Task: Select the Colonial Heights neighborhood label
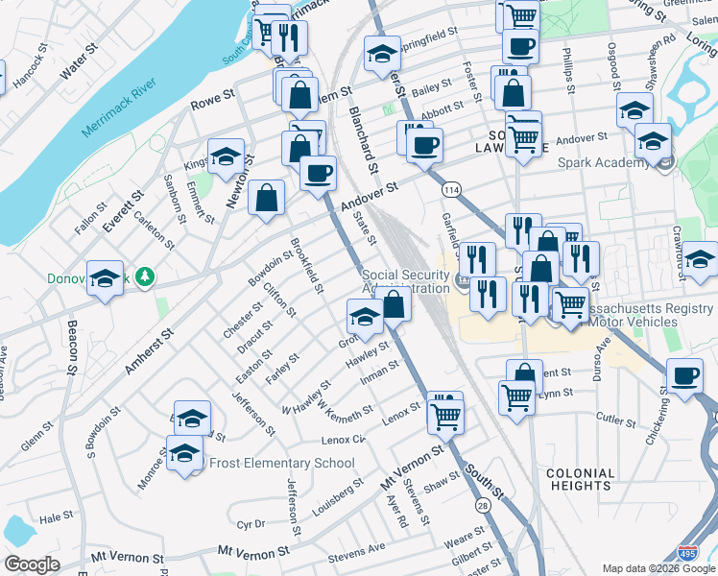(x=580, y=479)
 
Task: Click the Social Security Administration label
(x=406, y=282)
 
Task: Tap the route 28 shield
(x=482, y=505)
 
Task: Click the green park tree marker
(x=145, y=277)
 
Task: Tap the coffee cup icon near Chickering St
(x=685, y=376)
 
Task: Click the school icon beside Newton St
(x=226, y=158)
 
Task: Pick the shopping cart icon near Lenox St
(x=446, y=417)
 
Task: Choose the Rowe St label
(x=214, y=98)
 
